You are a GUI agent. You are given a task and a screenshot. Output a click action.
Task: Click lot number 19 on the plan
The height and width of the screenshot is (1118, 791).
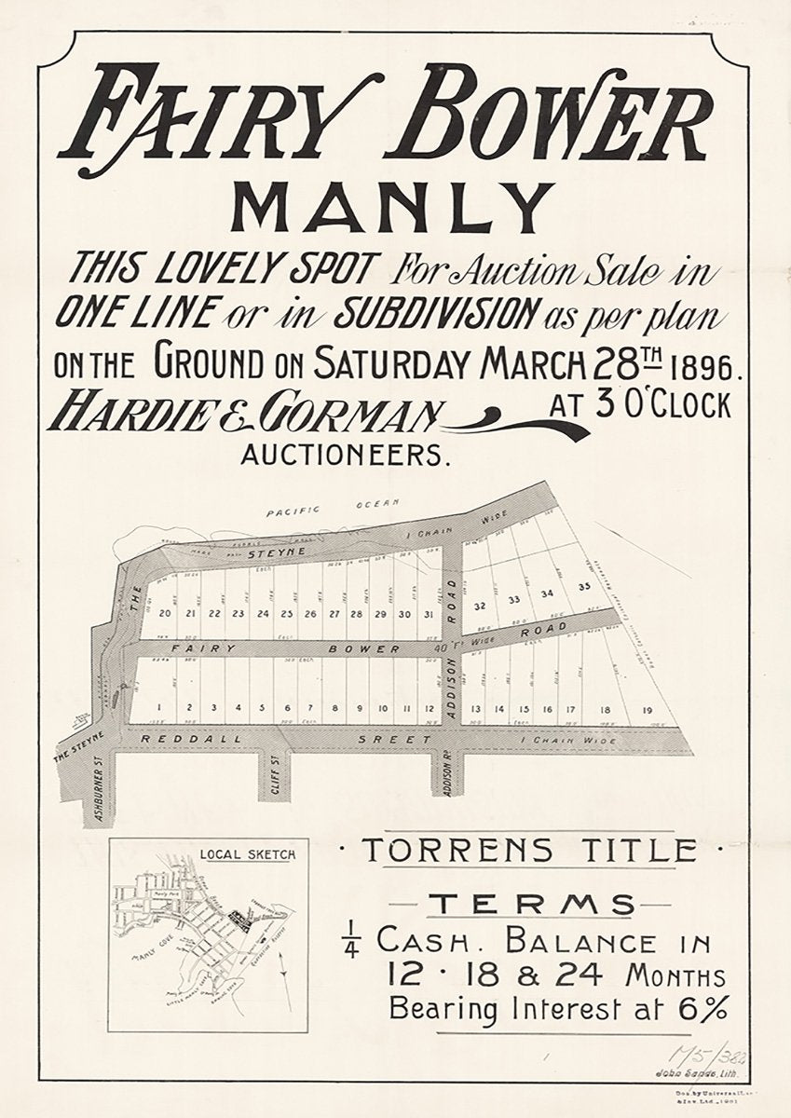pyautogui.click(x=648, y=710)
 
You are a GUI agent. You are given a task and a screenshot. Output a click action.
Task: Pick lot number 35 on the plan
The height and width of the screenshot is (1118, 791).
pyautogui.click(x=584, y=586)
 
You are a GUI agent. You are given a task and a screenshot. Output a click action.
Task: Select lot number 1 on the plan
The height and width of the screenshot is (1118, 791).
pyautogui.click(x=160, y=708)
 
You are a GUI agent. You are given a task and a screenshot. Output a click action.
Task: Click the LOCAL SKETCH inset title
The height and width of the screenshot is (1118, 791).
pyautogui.click(x=249, y=852)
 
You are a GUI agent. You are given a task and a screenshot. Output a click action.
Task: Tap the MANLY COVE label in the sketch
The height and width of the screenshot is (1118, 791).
pyautogui.click(x=150, y=955)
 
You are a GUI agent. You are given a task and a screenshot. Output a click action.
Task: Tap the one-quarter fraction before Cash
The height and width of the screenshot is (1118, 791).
pyautogui.click(x=357, y=943)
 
